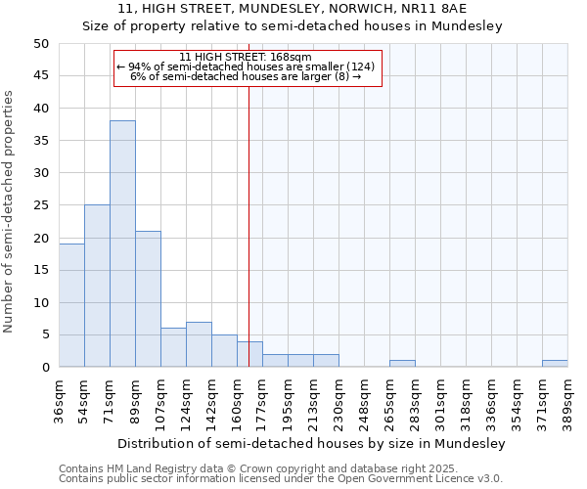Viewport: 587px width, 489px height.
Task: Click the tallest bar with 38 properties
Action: (122, 244)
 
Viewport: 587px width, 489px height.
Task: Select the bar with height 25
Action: (97, 286)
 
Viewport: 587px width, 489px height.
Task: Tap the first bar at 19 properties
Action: (71, 305)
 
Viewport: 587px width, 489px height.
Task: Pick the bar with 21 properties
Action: (148, 299)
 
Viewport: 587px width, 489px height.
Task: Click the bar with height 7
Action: (199, 344)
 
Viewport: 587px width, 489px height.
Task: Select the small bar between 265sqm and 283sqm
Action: (402, 364)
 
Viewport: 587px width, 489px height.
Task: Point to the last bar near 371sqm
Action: (555, 364)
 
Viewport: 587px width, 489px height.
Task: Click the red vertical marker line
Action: (248, 215)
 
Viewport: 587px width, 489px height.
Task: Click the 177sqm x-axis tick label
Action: (263, 401)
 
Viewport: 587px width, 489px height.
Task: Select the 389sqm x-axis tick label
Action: (567, 401)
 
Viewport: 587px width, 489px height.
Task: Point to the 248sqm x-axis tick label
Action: (364, 401)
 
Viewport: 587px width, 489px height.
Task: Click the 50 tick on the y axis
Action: (41, 44)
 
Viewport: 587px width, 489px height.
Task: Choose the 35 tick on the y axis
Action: (41, 141)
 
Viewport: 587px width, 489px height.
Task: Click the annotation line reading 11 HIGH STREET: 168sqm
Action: (246, 57)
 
